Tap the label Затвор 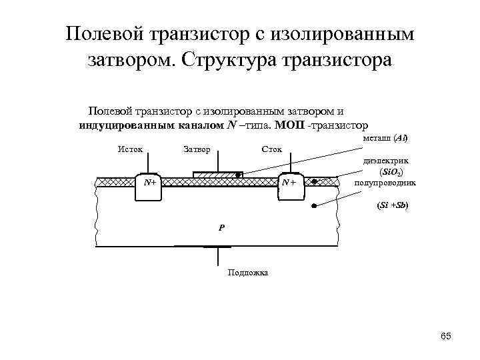click(196, 149)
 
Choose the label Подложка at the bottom click(248, 272)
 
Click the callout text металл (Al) click(385, 138)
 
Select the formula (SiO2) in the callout click(390, 171)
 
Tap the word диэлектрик click(386, 161)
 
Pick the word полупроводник click(386, 182)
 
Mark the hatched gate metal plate click(214, 174)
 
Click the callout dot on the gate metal click(239, 175)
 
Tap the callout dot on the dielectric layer click(316, 181)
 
